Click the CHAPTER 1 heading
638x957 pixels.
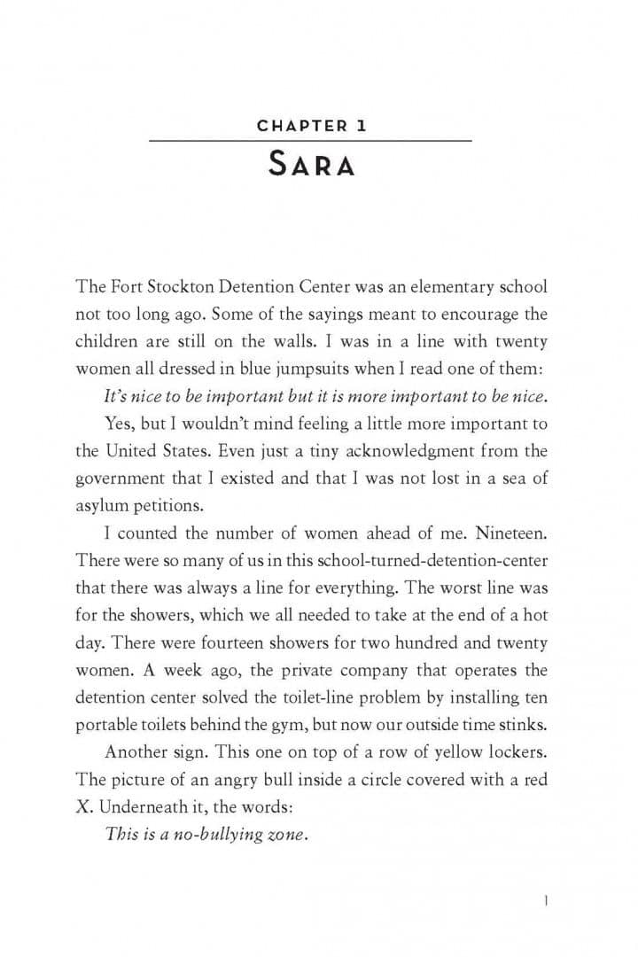click(x=311, y=126)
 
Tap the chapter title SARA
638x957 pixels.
click(x=311, y=165)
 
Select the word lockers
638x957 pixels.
click(x=515, y=751)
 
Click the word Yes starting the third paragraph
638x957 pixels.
click(x=118, y=423)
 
